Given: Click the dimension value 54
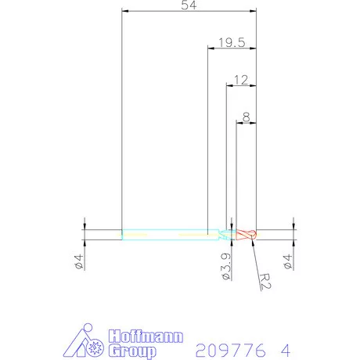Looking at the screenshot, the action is [189, 5].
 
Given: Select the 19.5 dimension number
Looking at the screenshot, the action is [232, 42].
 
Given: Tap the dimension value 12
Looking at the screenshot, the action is [241, 80].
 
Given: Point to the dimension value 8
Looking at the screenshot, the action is [247, 117].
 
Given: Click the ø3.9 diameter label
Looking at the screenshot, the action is [226, 266].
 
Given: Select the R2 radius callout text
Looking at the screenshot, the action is [265, 281].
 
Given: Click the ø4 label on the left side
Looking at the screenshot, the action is [78, 261].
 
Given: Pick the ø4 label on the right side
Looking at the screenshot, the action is [287, 261].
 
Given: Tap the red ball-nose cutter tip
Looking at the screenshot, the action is [247, 235].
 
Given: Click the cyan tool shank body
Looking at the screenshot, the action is [171, 235].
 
